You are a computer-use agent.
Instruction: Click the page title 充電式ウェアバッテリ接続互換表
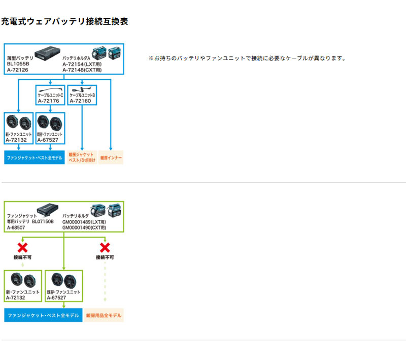point(64,21)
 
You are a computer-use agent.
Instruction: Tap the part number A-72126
point(18,70)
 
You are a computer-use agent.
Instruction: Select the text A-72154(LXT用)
point(82,64)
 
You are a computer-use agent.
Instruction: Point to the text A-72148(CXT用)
point(82,70)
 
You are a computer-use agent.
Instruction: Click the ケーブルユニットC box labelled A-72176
point(50,95)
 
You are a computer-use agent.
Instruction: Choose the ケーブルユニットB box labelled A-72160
point(82,95)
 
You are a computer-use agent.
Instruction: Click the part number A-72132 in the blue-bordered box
point(16,140)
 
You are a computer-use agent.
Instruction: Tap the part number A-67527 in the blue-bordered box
point(48,140)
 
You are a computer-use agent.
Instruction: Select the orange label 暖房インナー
point(111,157)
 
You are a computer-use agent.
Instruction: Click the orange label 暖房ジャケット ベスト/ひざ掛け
point(82,157)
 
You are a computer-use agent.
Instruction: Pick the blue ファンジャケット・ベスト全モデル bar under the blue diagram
point(35,157)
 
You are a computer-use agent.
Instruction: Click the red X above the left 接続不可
point(22,248)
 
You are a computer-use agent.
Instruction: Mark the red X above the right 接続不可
point(105,248)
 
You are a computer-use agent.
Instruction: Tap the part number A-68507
point(16,227)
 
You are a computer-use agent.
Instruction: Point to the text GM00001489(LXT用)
point(84,222)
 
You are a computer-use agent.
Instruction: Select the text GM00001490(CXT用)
point(84,227)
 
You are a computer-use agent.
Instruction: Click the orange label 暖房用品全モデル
point(104,315)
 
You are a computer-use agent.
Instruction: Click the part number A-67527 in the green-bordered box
point(56,298)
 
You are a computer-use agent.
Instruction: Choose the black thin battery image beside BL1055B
point(47,53)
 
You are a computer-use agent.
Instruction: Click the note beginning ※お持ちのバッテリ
point(247,58)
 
